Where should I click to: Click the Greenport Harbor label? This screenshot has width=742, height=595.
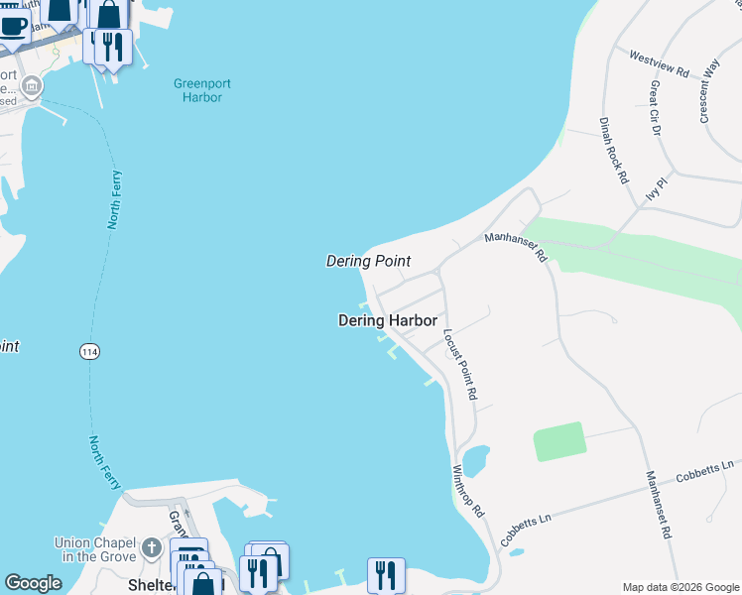pyautogui.click(x=201, y=90)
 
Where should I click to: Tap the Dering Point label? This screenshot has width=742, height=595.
pyautogui.click(x=368, y=261)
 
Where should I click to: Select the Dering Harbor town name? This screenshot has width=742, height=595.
pyautogui.click(x=387, y=320)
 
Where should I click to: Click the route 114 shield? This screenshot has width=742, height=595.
pyautogui.click(x=90, y=351)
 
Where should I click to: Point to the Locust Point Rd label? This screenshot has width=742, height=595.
pyautogui.click(x=460, y=364)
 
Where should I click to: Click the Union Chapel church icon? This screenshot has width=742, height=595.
pyautogui.click(x=151, y=547)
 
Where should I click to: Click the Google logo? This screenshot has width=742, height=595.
pyautogui.click(x=33, y=583)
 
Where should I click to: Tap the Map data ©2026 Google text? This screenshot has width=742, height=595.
pyautogui.click(x=680, y=587)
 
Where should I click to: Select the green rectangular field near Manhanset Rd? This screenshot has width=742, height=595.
pyautogui.click(x=559, y=441)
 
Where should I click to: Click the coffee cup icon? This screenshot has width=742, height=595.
pyautogui.click(x=12, y=24)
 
